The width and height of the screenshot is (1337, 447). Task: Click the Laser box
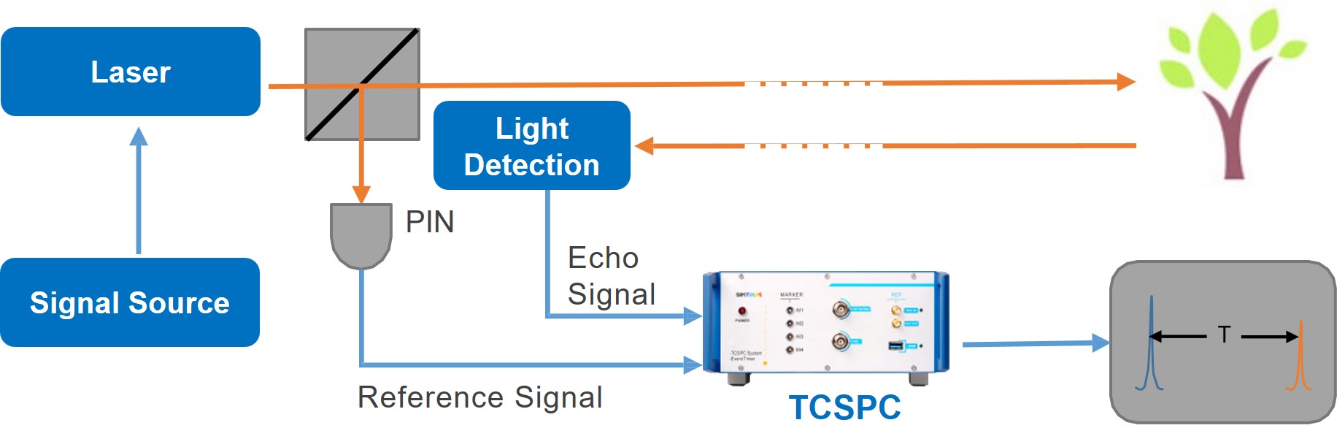click(131, 72)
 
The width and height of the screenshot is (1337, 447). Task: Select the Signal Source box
click(130, 302)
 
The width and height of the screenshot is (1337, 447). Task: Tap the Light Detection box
click(531, 146)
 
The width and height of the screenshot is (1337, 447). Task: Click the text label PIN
click(430, 222)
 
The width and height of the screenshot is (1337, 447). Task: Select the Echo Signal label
click(611, 276)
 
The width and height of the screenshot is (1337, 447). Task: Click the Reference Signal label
click(479, 397)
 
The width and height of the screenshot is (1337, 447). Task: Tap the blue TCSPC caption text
click(844, 408)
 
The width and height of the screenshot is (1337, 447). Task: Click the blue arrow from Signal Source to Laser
click(139, 190)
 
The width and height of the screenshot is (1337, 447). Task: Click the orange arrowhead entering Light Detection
click(644, 145)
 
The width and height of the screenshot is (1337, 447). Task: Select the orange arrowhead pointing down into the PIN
click(361, 194)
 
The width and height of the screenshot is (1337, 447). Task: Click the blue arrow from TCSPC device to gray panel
click(1036, 343)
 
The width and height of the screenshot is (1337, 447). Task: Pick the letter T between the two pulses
click(1224, 335)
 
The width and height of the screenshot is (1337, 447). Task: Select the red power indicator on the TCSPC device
click(742, 311)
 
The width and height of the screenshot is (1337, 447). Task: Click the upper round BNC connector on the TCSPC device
click(841, 310)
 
